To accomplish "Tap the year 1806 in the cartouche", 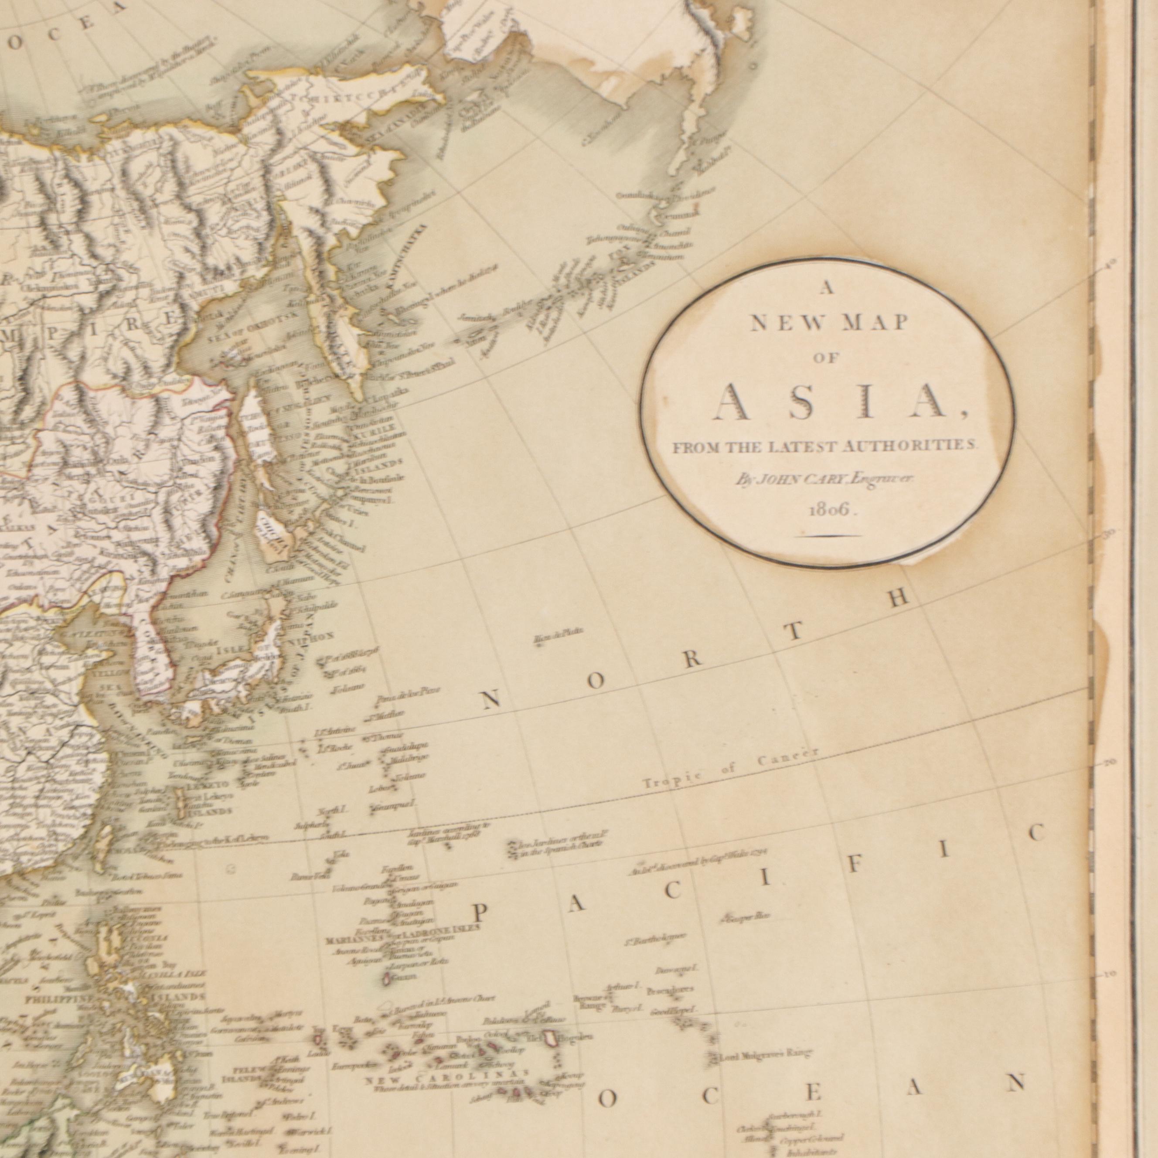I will point(833,510).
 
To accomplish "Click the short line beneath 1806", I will point(833,536).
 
